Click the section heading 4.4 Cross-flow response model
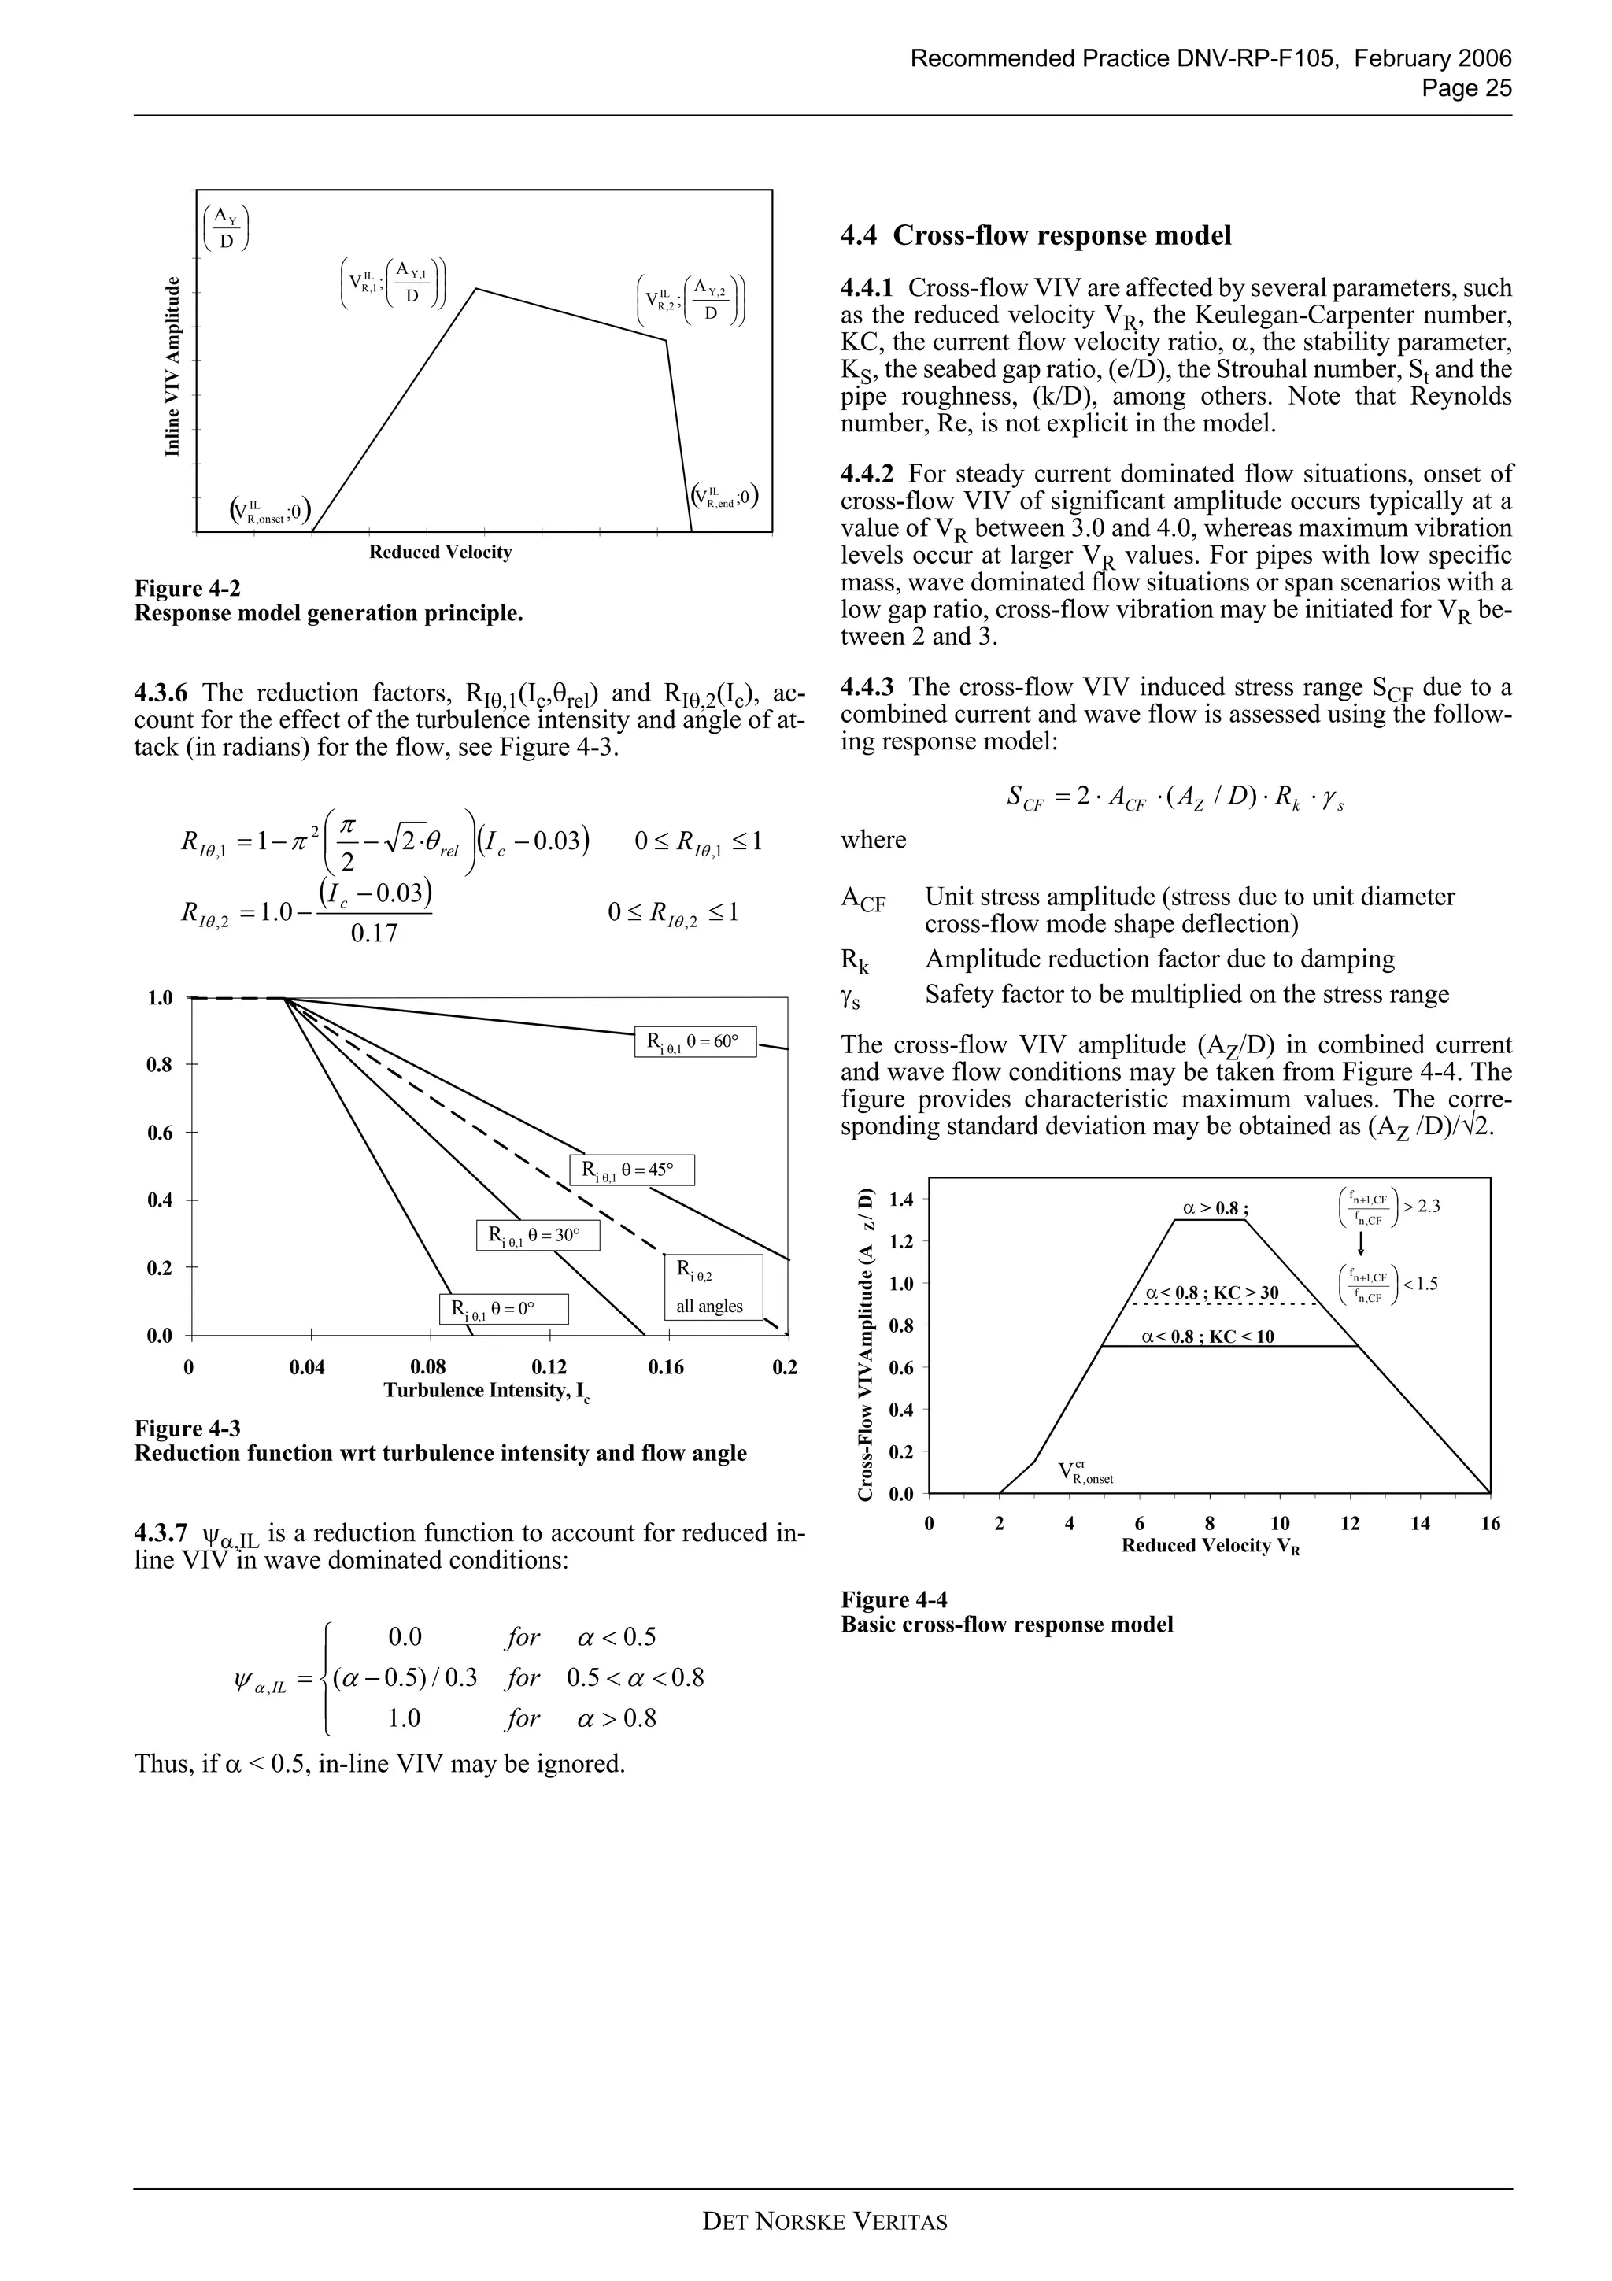pyautogui.click(x=1035, y=235)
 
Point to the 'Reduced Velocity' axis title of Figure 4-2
pyautogui.click(x=440, y=553)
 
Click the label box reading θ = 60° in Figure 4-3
pyautogui.click(x=694, y=1042)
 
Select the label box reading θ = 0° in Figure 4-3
pyautogui.click(x=504, y=1308)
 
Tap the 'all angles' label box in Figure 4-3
pyautogui.click(x=712, y=1288)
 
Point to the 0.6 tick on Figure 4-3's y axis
pyautogui.click(x=160, y=1133)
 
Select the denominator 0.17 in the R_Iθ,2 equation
pyautogui.click(x=373, y=933)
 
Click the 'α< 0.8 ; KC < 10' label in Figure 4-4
pyautogui.click(x=1207, y=1336)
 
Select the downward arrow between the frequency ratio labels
pyautogui.click(x=1361, y=1243)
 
